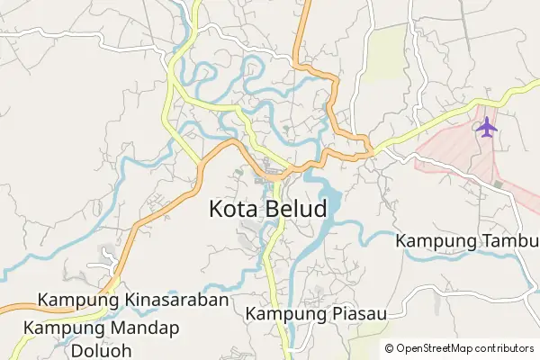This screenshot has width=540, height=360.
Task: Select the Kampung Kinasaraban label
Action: tap(134, 300)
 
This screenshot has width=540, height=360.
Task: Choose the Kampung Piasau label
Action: tap(316, 314)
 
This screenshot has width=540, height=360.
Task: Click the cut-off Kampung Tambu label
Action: tap(467, 240)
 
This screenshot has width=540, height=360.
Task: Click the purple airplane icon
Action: tap(487, 127)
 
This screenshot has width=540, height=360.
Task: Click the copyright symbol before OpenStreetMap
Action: tap(389, 348)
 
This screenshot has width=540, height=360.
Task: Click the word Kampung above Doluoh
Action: tap(62, 328)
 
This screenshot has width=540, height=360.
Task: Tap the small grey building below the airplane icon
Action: tap(498, 184)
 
